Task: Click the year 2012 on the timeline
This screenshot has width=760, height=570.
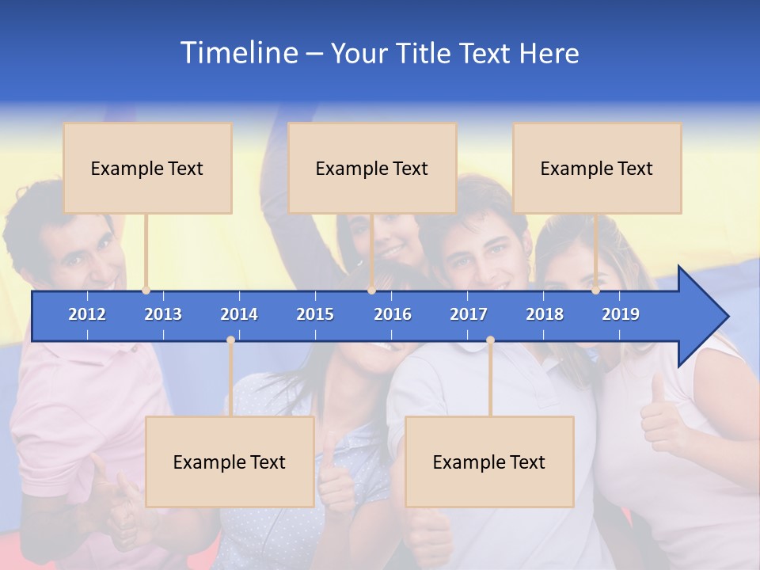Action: point(87,314)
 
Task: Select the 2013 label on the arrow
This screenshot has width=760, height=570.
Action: point(163,314)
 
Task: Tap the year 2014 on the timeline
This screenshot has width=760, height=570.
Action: point(239,314)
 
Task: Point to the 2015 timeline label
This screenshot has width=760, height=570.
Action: point(315,314)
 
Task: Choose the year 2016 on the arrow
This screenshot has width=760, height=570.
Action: point(393,314)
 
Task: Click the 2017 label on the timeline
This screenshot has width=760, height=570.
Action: point(469,314)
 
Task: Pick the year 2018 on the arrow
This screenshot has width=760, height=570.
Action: point(545,314)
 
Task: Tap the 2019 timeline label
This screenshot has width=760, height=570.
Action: point(621,314)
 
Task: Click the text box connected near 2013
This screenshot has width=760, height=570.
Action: point(147,168)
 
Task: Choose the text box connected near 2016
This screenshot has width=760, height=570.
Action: point(372,168)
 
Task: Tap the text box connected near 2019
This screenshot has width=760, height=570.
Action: point(597,168)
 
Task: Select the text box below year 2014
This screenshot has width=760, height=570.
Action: point(230,462)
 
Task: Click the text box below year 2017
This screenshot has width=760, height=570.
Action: point(489,462)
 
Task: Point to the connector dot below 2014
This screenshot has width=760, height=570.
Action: point(230,340)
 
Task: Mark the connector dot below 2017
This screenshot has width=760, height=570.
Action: point(490,340)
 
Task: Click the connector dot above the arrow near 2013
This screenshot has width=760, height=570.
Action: point(146,290)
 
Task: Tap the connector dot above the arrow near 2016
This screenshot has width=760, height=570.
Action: point(371,290)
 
